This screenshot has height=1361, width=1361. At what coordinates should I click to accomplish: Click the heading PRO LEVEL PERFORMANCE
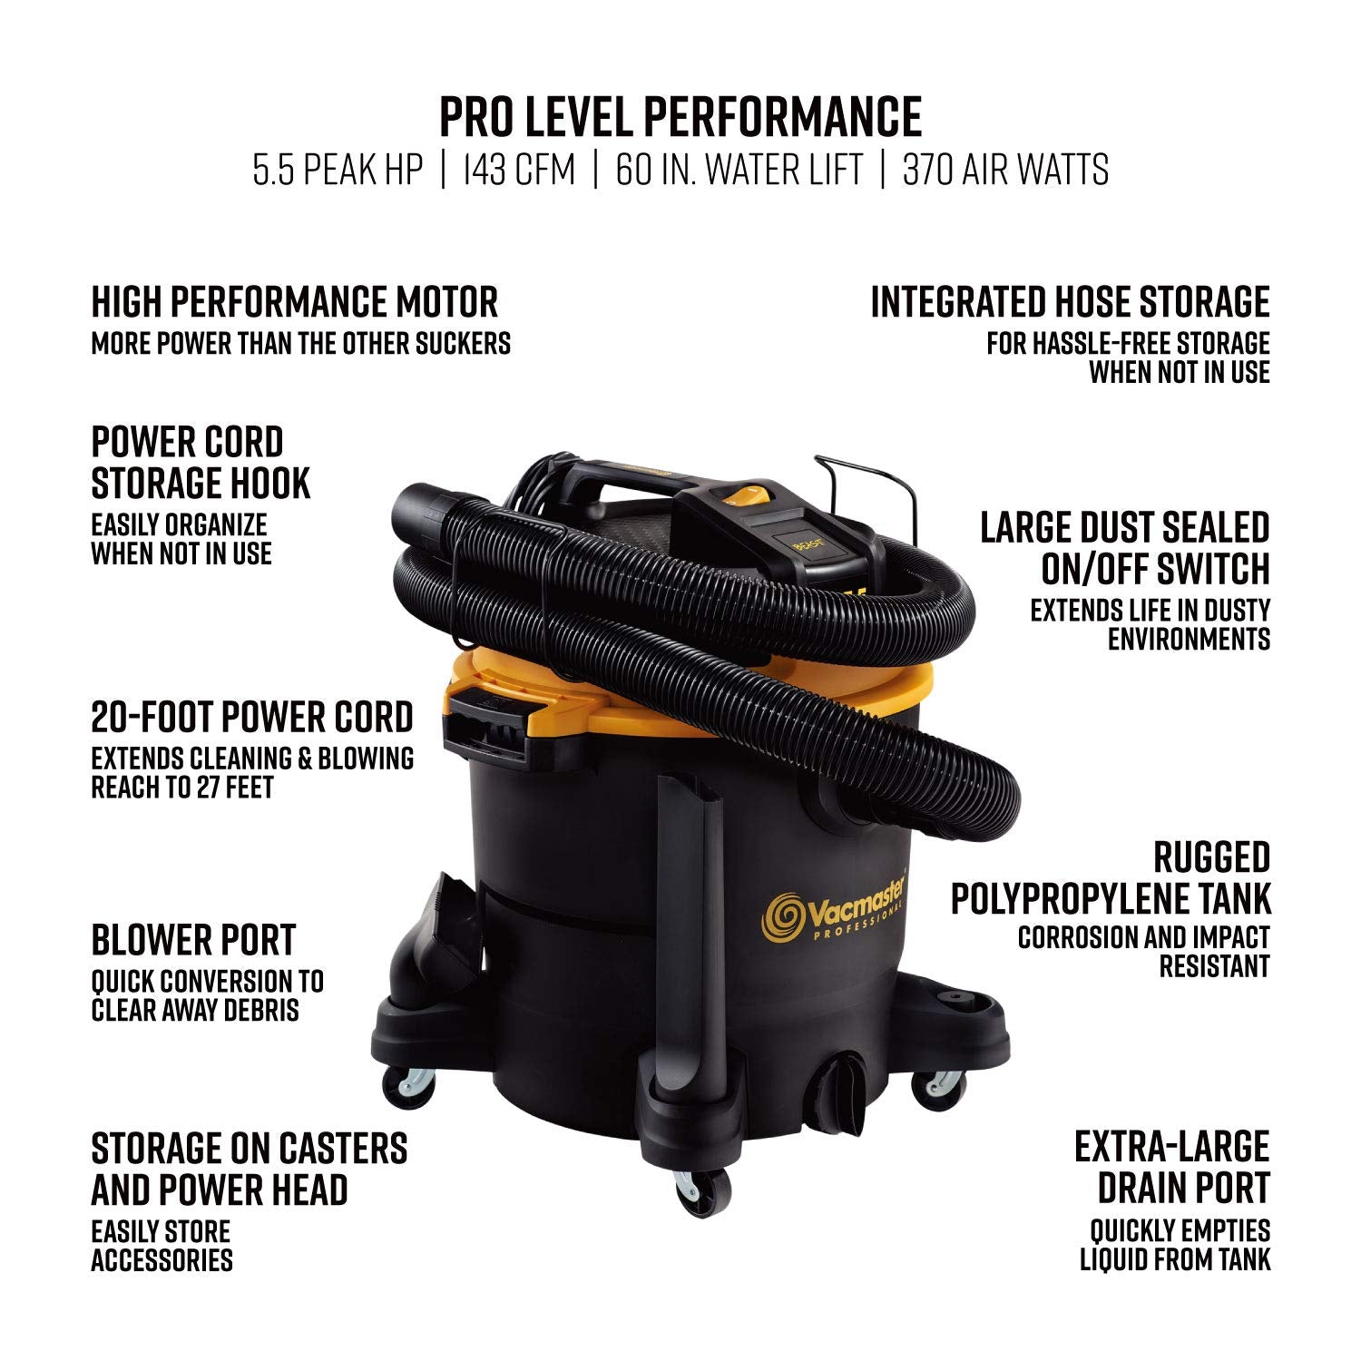(680, 116)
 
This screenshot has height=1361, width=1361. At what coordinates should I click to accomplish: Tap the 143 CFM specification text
(518, 170)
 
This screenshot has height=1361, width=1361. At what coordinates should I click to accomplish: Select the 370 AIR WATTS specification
(1005, 170)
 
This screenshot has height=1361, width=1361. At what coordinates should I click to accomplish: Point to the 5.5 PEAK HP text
(338, 170)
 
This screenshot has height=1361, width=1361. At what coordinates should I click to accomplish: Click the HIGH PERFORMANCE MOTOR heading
(295, 302)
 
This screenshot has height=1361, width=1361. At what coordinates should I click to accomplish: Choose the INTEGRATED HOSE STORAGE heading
(1070, 302)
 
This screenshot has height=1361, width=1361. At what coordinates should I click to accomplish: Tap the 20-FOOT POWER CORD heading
(252, 717)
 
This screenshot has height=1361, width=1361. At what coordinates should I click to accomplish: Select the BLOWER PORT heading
(193, 940)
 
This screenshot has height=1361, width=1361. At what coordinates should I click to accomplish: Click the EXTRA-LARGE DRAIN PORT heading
(1172, 1168)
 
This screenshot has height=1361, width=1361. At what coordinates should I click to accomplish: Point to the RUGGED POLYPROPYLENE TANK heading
(1111, 878)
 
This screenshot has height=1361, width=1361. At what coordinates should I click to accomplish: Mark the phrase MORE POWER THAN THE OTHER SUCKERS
(300, 343)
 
